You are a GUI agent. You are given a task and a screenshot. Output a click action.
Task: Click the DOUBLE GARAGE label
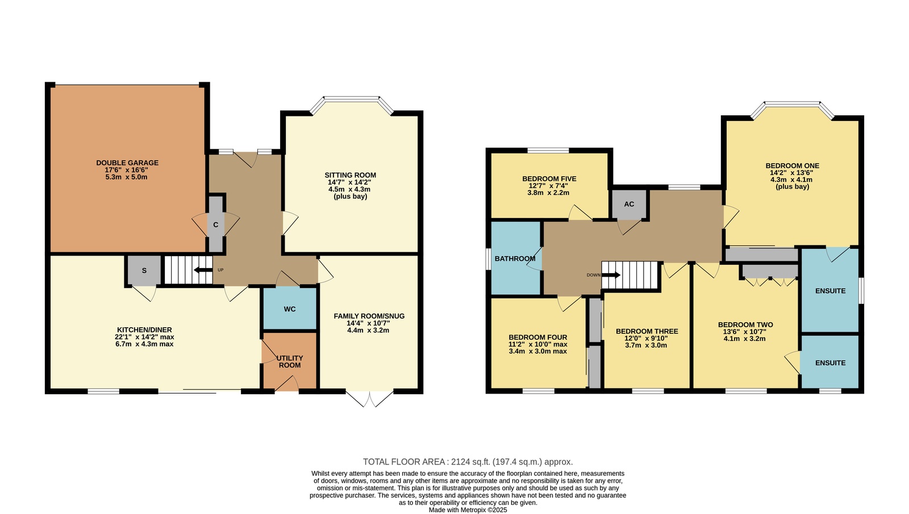click(x=127, y=162)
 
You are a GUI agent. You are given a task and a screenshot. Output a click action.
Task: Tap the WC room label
click(x=290, y=309)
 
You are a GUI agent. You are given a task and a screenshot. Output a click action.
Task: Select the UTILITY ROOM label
click(x=290, y=361)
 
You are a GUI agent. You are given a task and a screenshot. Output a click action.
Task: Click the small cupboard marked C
click(x=216, y=224)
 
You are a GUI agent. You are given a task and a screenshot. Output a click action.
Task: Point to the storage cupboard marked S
click(x=144, y=270)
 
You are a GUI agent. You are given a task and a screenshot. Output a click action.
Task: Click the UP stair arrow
click(x=203, y=270)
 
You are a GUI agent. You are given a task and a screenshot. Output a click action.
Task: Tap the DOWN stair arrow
click(x=611, y=275)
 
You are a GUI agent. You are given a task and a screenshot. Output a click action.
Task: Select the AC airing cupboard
click(x=629, y=204)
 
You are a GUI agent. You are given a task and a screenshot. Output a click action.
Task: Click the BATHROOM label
click(x=515, y=258)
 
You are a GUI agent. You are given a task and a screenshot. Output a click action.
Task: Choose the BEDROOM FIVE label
click(x=549, y=178)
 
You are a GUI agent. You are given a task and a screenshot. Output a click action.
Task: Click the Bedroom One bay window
click(x=793, y=108)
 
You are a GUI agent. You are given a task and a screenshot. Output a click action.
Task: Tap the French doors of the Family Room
click(x=370, y=398)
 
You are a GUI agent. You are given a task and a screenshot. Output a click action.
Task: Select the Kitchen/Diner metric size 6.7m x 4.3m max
click(x=144, y=344)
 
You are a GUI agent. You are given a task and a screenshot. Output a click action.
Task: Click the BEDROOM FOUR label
click(x=537, y=337)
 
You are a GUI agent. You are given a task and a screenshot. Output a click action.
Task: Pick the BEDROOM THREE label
click(x=647, y=332)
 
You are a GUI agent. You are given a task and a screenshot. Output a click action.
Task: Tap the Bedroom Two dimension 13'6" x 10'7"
click(x=745, y=332)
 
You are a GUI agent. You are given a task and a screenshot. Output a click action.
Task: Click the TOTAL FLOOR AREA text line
click(x=468, y=462)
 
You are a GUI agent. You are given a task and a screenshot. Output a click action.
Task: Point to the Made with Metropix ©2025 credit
click(x=468, y=510)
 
